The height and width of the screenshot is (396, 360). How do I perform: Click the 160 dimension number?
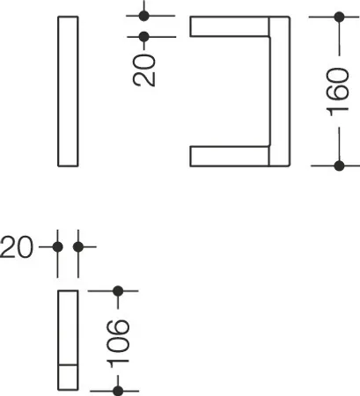click(337, 92)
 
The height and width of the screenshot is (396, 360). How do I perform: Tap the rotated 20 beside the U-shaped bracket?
click(144, 70)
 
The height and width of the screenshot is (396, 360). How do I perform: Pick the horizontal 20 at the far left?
click(17, 247)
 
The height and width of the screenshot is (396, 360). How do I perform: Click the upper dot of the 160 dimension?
click(339, 17)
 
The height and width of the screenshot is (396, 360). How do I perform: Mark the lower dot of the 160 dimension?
click(339, 165)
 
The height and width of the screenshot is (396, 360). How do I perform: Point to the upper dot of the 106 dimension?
click(118, 291)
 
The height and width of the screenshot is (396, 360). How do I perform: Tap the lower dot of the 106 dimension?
click(118, 391)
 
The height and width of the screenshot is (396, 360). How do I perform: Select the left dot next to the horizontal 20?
click(57, 247)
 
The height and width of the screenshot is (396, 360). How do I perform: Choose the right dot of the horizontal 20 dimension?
click(78, 247)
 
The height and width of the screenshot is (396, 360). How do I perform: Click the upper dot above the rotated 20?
click(143, 16)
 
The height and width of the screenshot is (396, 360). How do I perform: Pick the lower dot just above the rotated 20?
click(143, 37)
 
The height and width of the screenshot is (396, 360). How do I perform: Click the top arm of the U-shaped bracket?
click(230, 26)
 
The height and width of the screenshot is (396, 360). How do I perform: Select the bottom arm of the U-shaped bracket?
click(230, 156)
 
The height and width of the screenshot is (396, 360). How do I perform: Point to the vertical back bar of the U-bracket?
click(280, 92)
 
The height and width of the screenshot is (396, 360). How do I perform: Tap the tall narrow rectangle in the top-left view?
click(68, 92)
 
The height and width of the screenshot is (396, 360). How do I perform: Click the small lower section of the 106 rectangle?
click(68, 378)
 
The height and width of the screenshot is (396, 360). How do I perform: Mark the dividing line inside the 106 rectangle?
click(68, 365)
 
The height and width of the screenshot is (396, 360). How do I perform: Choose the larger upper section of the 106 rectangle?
click(68, 327)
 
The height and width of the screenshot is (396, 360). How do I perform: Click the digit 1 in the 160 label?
click(337, 113)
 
